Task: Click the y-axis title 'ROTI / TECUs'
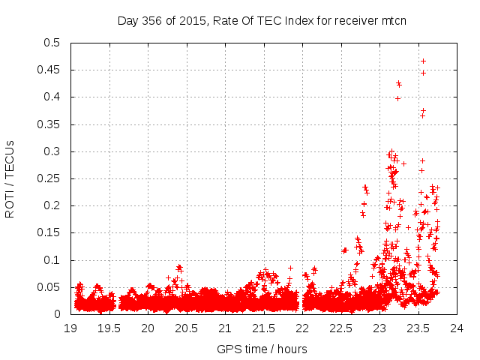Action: click(10, 178)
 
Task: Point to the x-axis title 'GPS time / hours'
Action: click(262, 349)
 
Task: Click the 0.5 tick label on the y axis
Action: click(54, 43)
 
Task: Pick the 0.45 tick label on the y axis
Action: click(51, 70)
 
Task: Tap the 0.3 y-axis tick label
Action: click(54, 151)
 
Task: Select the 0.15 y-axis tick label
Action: click(51, 232)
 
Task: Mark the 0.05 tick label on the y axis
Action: click(51, 287)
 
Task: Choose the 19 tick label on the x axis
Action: click(70, 328)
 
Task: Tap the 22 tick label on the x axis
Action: click(302, 328)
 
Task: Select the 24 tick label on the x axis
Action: click(457, 328)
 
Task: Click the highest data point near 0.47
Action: click(424, 61)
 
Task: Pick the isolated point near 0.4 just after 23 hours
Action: click(397, 98)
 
